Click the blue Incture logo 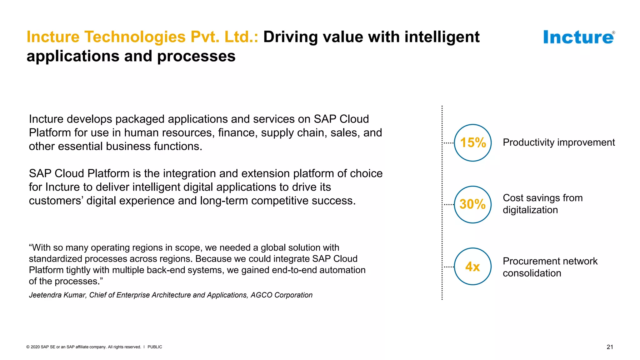point(579,37)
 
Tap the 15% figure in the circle point(473,143)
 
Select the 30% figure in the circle point(472,204)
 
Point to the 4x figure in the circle point(472,267)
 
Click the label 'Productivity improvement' point(558,142)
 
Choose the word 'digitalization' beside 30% point(530,210)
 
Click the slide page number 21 point(610,347)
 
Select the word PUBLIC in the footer point(155,347)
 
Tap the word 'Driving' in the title point(291,37)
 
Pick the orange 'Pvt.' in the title point(205,37)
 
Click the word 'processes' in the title point(196,57)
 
